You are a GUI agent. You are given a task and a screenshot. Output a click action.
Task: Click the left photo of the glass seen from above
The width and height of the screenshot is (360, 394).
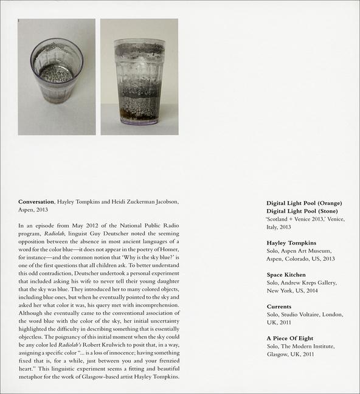coord(57,77)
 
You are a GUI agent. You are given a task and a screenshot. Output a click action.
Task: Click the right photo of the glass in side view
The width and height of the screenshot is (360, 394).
coord(139,77)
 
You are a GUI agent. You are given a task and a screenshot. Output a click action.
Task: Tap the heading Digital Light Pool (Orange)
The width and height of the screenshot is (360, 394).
coord(304,202)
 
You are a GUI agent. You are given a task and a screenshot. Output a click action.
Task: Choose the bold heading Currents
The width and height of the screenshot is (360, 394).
coord(279,306)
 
